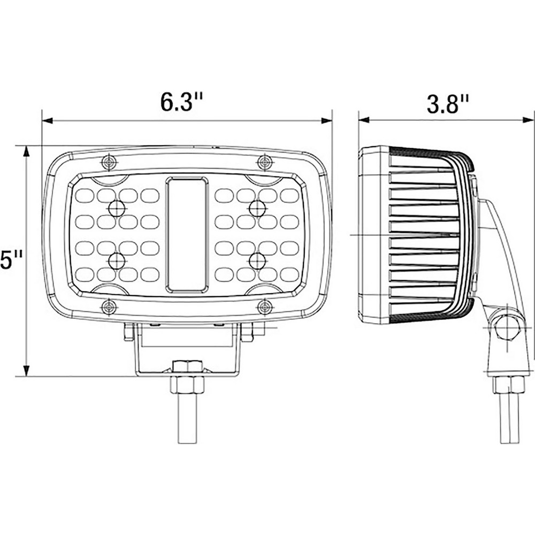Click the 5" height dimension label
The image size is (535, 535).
10,262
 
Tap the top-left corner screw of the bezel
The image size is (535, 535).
109,161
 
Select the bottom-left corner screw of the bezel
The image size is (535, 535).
109,307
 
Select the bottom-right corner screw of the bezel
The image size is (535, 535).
264,307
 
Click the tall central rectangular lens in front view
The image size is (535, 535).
186,235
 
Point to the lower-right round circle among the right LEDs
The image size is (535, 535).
257,261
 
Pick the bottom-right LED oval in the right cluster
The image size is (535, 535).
289,274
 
